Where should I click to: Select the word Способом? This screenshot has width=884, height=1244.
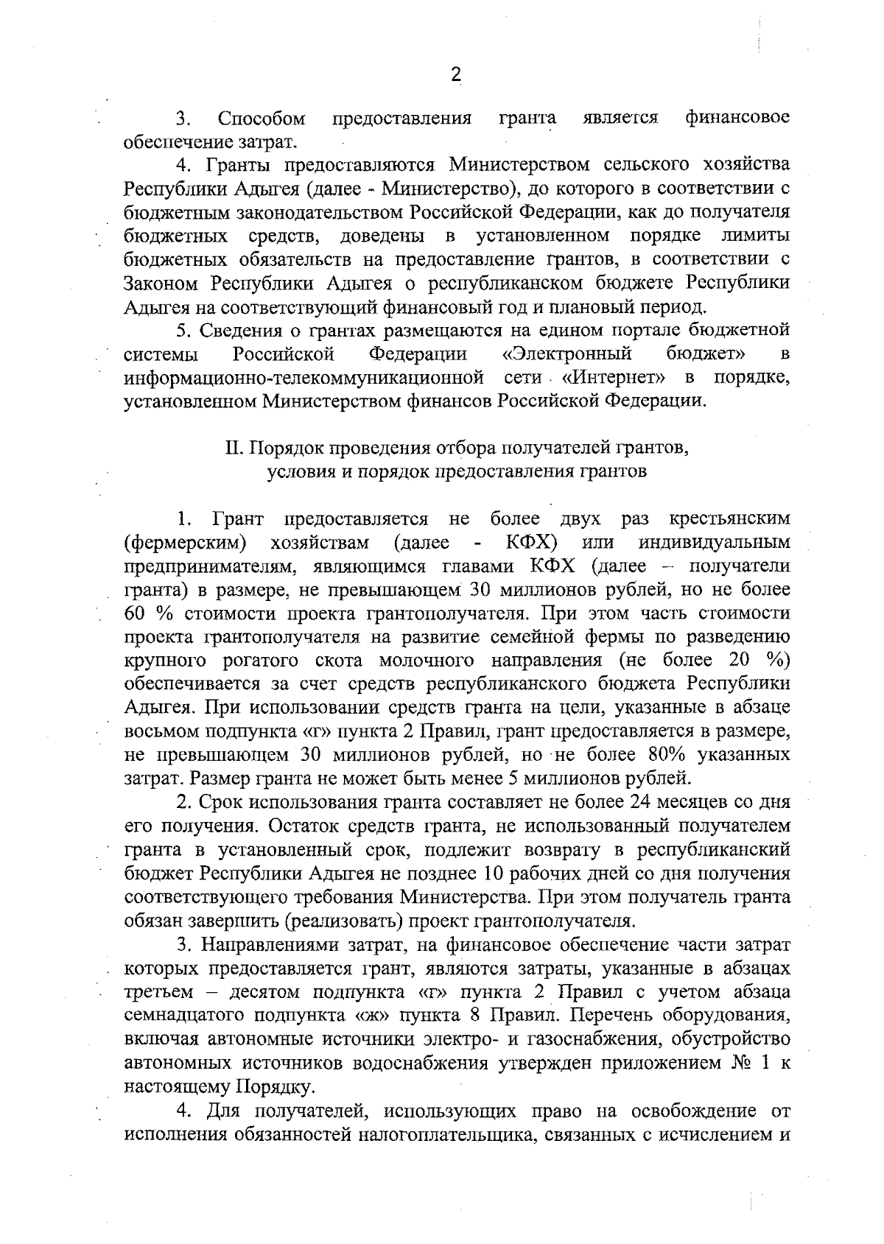(262, 118)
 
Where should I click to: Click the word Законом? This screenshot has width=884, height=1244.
(161, 283)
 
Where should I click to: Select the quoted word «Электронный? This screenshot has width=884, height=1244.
(566, 354)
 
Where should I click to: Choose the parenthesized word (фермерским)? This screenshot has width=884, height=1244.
(185, 543)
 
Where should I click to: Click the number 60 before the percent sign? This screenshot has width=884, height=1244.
(136, 614)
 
